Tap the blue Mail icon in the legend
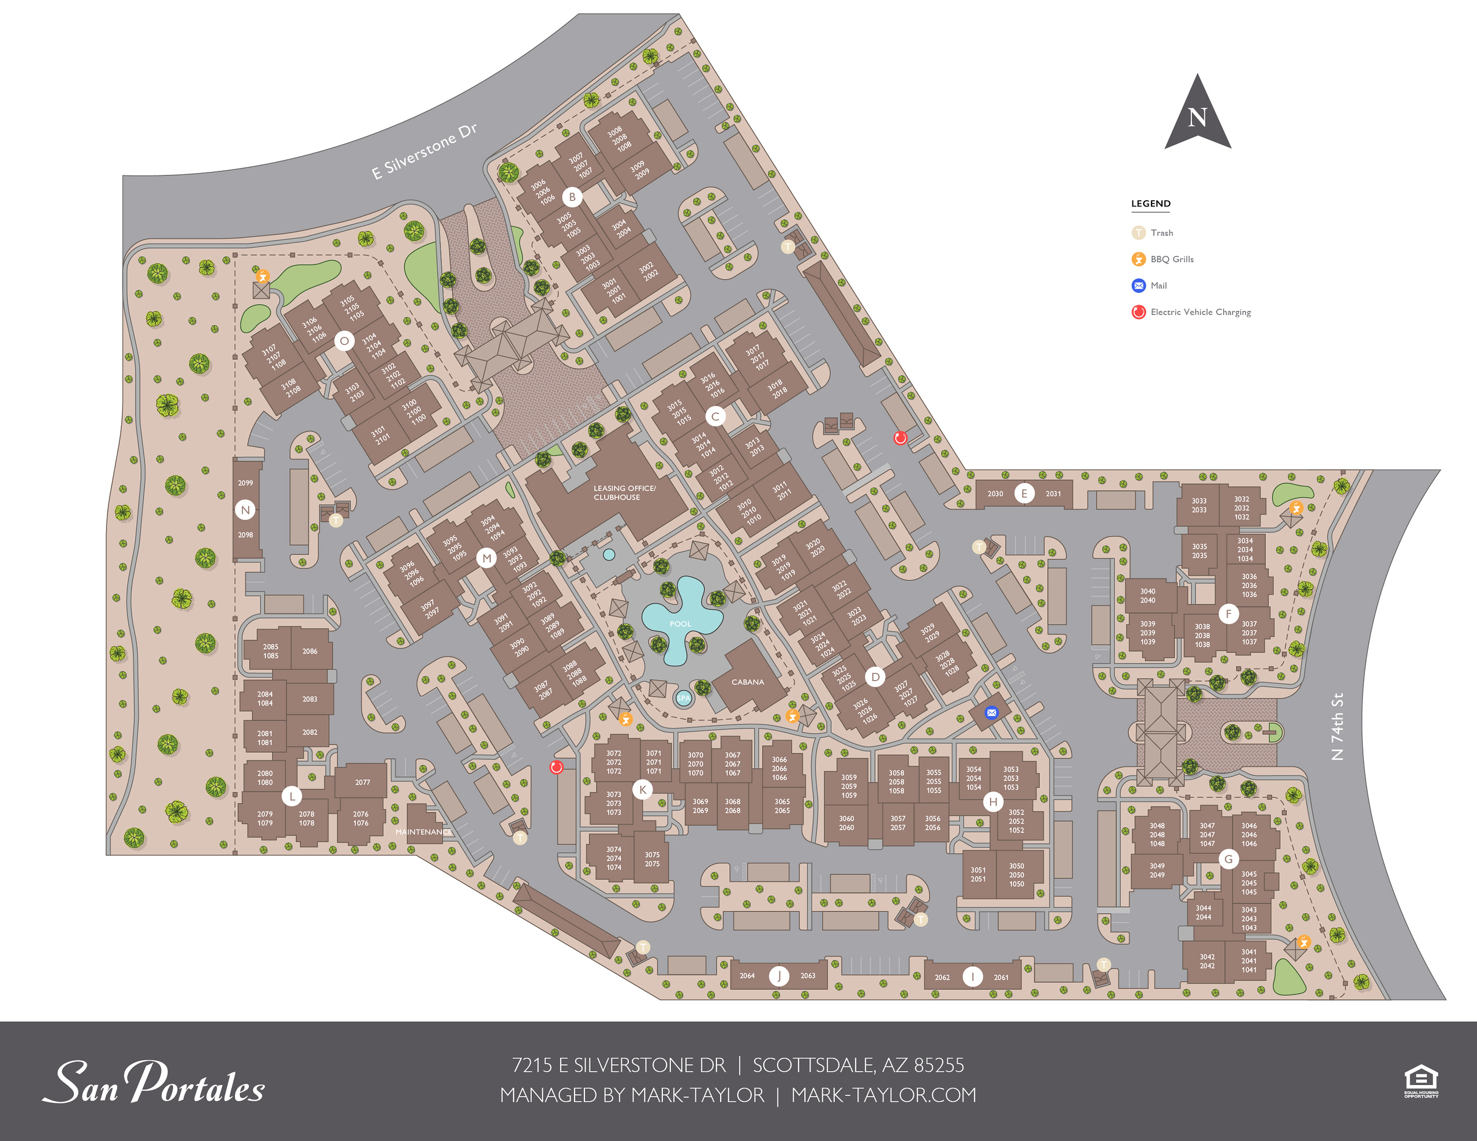1138,286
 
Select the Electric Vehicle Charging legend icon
1138,312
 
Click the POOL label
680,624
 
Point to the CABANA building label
747,682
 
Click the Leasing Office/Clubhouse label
624,493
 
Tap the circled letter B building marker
572,197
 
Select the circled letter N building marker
245,510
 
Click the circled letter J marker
779,975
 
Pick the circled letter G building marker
1228,859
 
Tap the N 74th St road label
1336,726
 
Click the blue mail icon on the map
991,712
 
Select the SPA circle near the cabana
684,698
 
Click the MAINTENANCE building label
423,832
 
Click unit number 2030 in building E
995,494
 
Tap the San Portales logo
154,1082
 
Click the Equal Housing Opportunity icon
1420,1081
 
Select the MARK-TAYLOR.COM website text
883,1095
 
